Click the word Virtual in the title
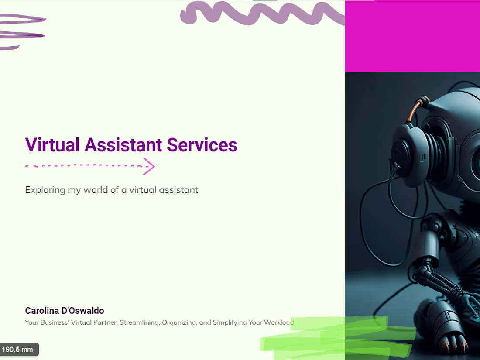(52, 145)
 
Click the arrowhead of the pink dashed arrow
(150, 166)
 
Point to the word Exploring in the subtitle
(44, 190)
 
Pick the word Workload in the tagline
(278, 323)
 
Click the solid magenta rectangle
(412, 36)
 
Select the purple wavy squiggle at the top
(262, 13)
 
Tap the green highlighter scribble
(336, 338)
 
